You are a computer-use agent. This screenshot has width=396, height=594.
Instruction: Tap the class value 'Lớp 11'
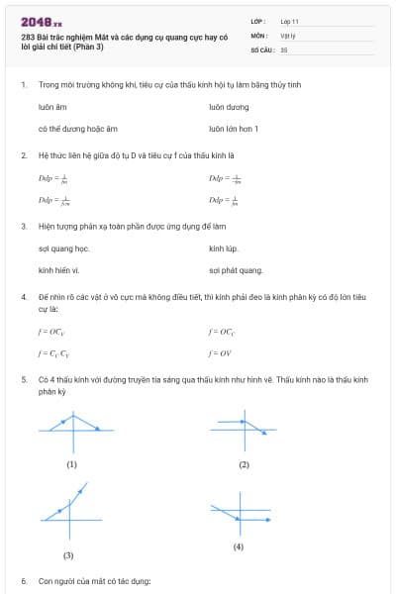tap(290, 20)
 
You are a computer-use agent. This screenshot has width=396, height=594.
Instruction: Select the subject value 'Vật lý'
tap(287, 34)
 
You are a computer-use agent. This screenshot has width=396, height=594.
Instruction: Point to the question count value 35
tap(284, 48)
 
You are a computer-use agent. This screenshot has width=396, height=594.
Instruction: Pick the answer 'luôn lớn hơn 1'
tap(234, 129)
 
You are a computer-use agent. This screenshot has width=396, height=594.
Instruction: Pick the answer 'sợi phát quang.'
tap(236, 269)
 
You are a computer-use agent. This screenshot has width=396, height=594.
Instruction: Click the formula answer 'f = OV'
tap(219, 352)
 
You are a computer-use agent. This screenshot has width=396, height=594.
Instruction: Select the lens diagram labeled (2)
tap(243, 428)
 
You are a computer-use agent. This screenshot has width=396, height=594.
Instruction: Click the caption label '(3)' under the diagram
tap(68, 555)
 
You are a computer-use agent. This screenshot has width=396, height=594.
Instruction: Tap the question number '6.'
tap(24, 580)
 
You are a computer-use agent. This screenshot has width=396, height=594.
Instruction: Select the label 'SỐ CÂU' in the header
tap(260, 48)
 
